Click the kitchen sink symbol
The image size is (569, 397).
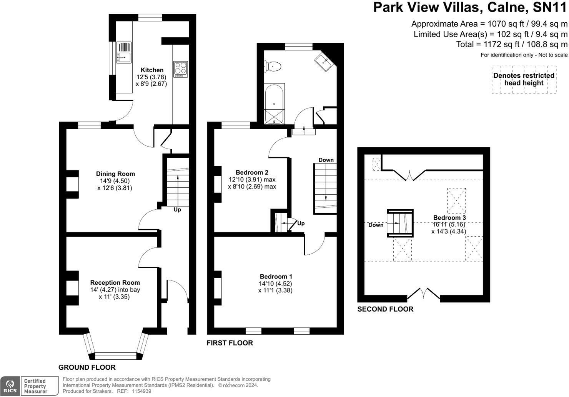[124, 53]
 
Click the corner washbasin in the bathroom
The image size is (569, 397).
[323, 62]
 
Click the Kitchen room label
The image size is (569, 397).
[152, 70]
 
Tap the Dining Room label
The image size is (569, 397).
[115, 174]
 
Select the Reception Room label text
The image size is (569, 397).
[115, 283]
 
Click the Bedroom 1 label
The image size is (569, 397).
[276, 277]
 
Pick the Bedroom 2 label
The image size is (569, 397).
[252, 172]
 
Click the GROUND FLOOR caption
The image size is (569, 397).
[87, 367]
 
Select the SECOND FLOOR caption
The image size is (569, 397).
[385, 309]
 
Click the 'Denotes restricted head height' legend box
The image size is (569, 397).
[524, 80]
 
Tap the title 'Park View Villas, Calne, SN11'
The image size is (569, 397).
[470, 8]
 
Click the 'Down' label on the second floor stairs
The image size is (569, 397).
[376, 225]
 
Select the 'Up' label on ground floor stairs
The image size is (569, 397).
[177, 210]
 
